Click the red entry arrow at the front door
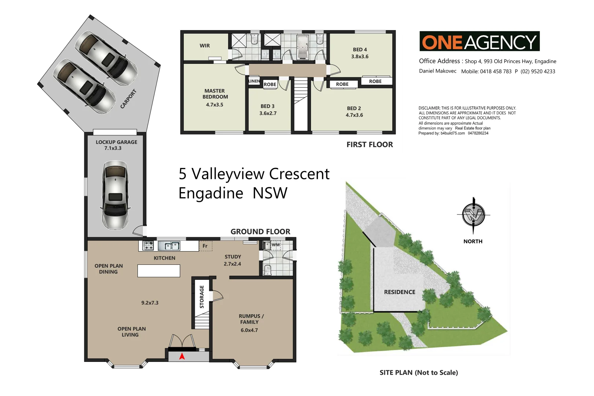182,356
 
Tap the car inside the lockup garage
115,195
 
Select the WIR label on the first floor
205,46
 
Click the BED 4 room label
360,49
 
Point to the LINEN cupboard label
254,81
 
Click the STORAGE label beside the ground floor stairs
202,297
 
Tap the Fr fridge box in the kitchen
205,246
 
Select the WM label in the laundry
276,245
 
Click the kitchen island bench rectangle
159,271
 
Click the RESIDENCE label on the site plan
400,292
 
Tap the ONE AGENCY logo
479,41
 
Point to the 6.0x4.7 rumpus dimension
249,330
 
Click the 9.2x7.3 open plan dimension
150,303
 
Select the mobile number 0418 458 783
496,71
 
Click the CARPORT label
128,99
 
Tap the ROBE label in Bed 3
270,84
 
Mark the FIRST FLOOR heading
370,145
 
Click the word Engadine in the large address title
211,193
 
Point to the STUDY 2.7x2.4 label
232,260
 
